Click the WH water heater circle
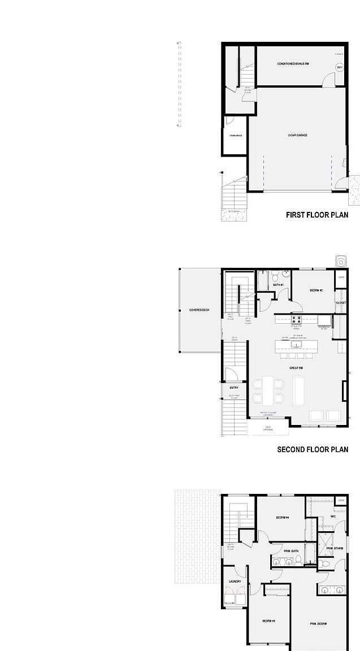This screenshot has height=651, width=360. (340, 68)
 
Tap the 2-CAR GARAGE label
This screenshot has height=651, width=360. (298, 136)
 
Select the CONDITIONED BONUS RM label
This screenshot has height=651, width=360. (293, 64)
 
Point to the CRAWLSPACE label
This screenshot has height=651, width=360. (236, 136)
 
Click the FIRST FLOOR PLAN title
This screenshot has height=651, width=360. (317, 215)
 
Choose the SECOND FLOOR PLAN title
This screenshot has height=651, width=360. (313, 450)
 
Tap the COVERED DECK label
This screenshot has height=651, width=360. (199, 310)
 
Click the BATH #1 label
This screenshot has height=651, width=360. (278, 285)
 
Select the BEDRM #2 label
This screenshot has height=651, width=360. (316, 290)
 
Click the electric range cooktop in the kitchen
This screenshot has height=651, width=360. (296, 320)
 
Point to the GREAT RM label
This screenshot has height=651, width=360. (296, 368)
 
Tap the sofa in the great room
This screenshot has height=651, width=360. (299, 390)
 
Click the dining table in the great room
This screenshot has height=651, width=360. (268, 390)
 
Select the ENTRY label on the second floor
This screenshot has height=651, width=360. (234, 388)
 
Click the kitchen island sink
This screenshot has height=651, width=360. (296, 344)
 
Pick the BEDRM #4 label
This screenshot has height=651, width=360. (283, 518)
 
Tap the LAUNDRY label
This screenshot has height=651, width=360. (235, 581)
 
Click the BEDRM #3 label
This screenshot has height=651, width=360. (268, 621)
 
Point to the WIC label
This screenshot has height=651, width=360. (333, 516)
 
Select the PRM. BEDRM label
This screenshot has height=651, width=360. (318, 624)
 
